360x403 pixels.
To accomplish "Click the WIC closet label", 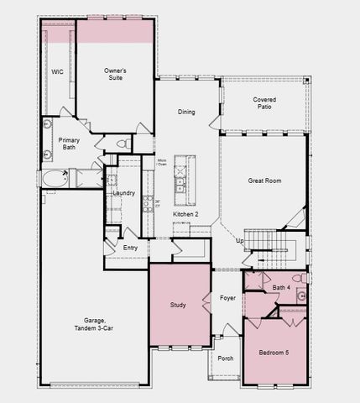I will click(58, 72).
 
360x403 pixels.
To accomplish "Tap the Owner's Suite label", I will click(115, 74).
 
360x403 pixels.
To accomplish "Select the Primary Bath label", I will click(69, 144).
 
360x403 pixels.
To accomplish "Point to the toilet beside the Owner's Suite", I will click(122, 144).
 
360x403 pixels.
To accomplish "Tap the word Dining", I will click(186, 111).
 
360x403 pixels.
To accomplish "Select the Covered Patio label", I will click(264, 104).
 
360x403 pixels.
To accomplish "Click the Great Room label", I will click(263, 181).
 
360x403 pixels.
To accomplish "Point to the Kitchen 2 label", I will click(185, 215).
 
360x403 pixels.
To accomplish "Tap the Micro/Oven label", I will click(160, 161).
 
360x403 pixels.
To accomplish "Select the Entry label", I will click(130, 248).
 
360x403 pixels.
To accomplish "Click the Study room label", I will click(177, 305).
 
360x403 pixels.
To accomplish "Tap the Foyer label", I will click(227, 297).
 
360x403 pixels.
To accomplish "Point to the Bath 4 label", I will click(282, 288).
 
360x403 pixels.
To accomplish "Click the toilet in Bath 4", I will click(297, 279).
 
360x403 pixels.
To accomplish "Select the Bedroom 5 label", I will click(273, 353).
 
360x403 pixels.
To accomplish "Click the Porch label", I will click(225, 359).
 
